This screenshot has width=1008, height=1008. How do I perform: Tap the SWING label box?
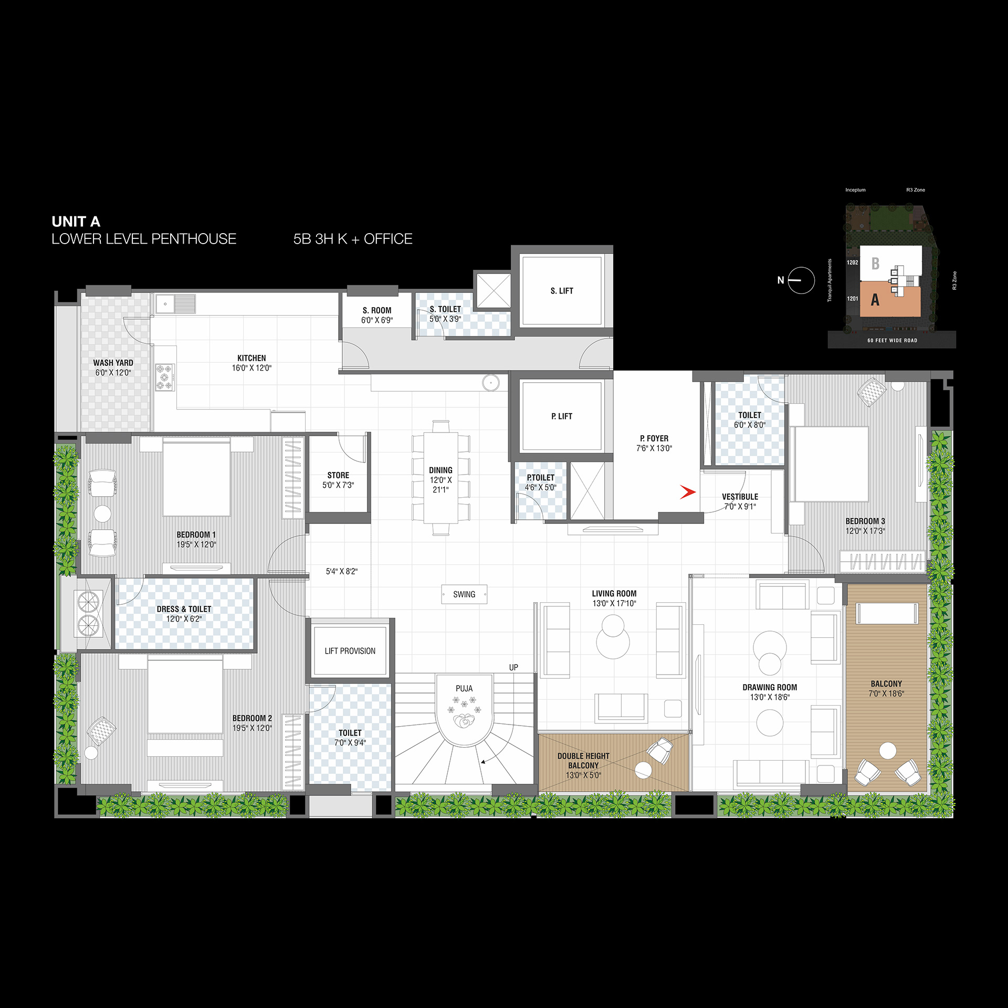tap(464, 594)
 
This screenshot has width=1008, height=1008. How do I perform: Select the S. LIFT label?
tap(562, 291)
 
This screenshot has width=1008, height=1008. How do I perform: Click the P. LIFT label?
tap(562, 416)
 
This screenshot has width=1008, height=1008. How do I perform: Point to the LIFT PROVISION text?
tap(350, 651)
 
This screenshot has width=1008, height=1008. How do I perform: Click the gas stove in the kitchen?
tap(165, 377)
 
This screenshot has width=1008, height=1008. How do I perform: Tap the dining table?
tap(441, 477)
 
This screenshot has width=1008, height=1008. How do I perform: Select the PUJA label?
tap(464, 688)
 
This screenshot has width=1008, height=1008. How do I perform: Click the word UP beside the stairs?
tap(513, 667)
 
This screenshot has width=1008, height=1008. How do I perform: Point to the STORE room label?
tap(338, 475)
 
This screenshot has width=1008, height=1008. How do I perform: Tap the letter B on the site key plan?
tap(875, 263)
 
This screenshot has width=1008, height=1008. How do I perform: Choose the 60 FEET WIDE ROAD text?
tap(892, 341)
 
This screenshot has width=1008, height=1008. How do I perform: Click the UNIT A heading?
tap(76, 222)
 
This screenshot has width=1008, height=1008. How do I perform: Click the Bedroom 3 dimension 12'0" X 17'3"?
tap(865, 531)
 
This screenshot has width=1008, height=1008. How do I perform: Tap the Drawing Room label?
tap(770, 687)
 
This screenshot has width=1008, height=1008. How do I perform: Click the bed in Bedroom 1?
tap(196, 478)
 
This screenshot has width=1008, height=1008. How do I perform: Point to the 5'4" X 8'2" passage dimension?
tap(342, 571)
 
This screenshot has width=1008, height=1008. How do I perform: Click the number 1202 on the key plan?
tap(853, 262)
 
